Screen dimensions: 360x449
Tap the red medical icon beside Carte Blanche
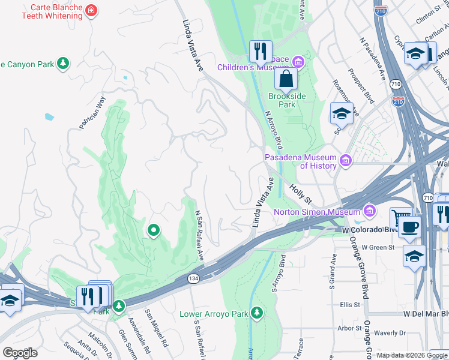tap(91, 11)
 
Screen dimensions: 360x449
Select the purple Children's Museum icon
tap(298, 62)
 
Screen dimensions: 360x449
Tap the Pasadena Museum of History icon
tap(345, 160)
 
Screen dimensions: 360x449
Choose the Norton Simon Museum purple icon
tap(370, 211)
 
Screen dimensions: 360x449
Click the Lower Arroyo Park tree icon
tap(257, 313)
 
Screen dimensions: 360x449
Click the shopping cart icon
tap(401, 217)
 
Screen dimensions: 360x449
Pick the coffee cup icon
tap(411, 228)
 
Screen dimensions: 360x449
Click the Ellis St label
tap(348, 304)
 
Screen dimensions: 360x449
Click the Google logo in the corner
tap(20, 353)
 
